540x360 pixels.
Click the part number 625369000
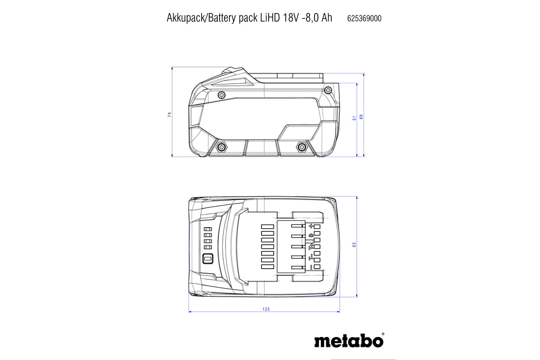click(x=364, y=18)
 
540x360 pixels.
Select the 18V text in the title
click(x=291, y=18)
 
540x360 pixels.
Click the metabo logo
click(x=349, y=341)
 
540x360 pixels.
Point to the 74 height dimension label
click(x=170, y=115)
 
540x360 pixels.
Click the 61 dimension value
click(x=354, y=117)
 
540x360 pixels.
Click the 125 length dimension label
click(x=265, y=309)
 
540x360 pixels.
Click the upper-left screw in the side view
click(x=221, y=95)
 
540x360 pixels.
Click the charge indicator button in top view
click(x=208, y=259)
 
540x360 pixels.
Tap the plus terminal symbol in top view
click(x=310, y=226)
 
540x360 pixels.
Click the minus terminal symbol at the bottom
click(x=310, y=267)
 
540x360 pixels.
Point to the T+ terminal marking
click(x=310, y=246)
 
